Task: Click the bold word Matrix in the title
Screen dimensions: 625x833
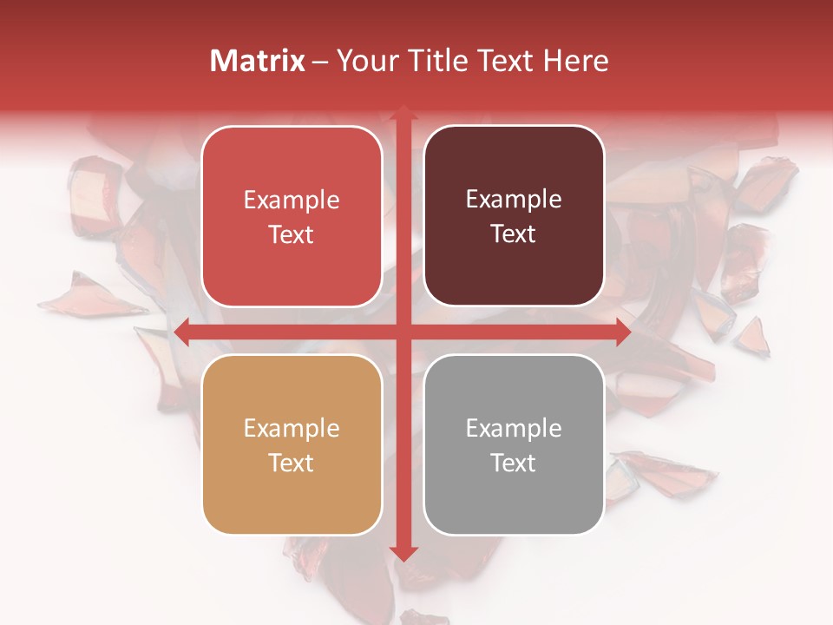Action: (258, 61)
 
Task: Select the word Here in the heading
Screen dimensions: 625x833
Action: (575, 61)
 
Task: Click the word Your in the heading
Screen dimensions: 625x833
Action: (364, 62)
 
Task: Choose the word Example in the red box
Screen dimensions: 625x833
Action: (292, 201)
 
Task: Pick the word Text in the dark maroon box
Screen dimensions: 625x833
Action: (514, 234)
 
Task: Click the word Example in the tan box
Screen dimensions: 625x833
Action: (292, 429)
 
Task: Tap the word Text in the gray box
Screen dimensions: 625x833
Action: (514, 463)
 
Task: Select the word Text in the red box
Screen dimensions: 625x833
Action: (292, 235)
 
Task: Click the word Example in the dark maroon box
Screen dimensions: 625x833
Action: (514, 200)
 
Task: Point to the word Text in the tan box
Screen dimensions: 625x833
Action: (292, 464)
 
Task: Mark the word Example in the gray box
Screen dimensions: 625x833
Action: (514, 429)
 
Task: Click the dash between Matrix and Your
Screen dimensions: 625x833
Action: (320, 62)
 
